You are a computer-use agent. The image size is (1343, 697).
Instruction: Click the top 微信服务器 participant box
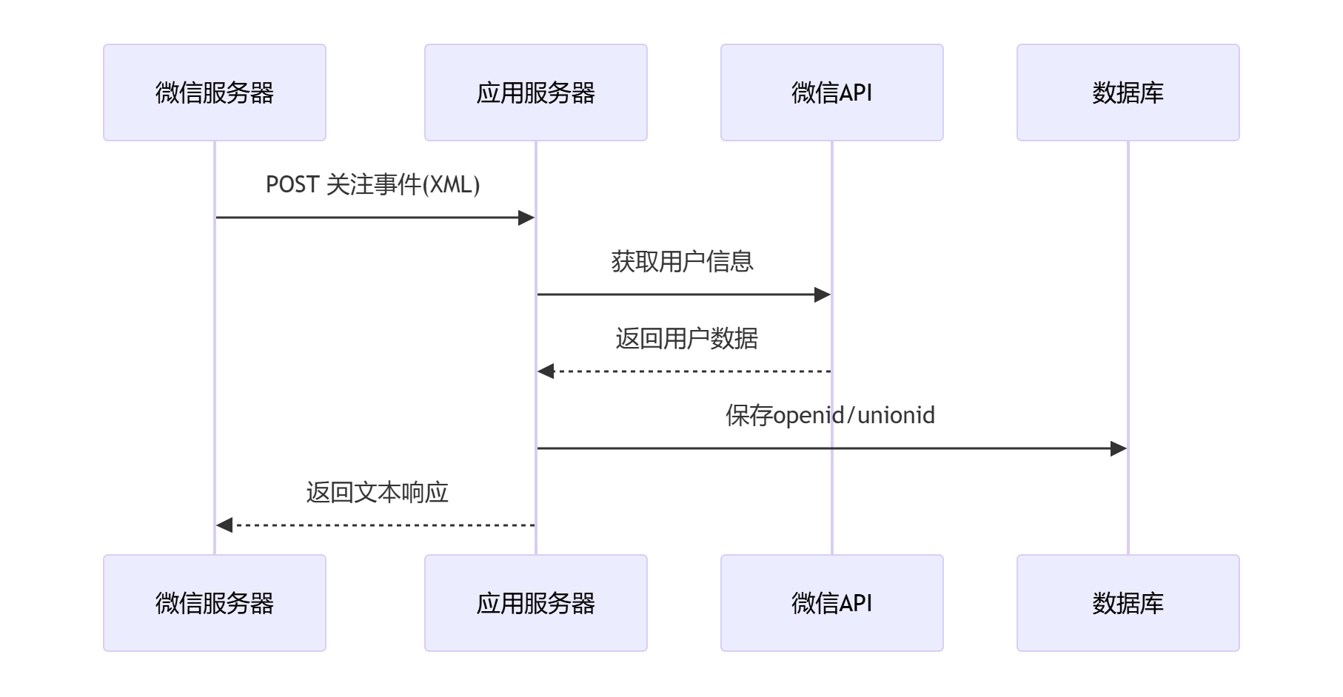[x=215, y=92]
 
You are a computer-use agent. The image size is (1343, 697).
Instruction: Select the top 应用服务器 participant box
[x=535, y=92]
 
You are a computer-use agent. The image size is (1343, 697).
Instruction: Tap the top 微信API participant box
[x=831, y=92]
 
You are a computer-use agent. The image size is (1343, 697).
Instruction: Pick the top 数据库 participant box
[x=1128, y=92]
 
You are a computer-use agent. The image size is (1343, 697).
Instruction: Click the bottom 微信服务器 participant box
[x=215, y=603]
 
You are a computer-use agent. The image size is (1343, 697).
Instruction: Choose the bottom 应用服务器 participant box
[x=535, y=603]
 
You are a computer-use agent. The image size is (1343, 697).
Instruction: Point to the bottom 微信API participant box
[x=831, y=603]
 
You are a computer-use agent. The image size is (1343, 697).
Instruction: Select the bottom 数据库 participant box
[x=1128, y=603]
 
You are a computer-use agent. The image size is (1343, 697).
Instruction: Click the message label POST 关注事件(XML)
[x=372, y=184]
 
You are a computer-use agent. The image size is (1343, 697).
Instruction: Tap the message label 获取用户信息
[x=682, y=261]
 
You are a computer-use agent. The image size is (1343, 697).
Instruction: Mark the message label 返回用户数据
[x=686, y=338]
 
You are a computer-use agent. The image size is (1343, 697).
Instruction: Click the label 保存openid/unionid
[x=829, y=415]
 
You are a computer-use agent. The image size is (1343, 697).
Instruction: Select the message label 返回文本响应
[x=377, y=492]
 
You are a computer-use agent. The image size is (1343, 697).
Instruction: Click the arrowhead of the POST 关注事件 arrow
[x=526, y=218]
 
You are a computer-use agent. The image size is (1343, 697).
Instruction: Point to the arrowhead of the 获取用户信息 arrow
[x=823, y=294]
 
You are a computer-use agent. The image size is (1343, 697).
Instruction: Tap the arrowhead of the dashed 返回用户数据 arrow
[x=546, y=371]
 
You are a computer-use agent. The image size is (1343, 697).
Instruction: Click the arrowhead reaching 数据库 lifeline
[x=1119, y=448]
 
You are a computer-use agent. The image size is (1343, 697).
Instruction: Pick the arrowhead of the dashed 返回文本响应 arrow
[x=224, y=525]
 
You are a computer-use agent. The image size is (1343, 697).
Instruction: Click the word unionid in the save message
[x=896, y=415]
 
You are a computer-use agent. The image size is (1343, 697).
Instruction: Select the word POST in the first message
[x=292, y=184]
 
